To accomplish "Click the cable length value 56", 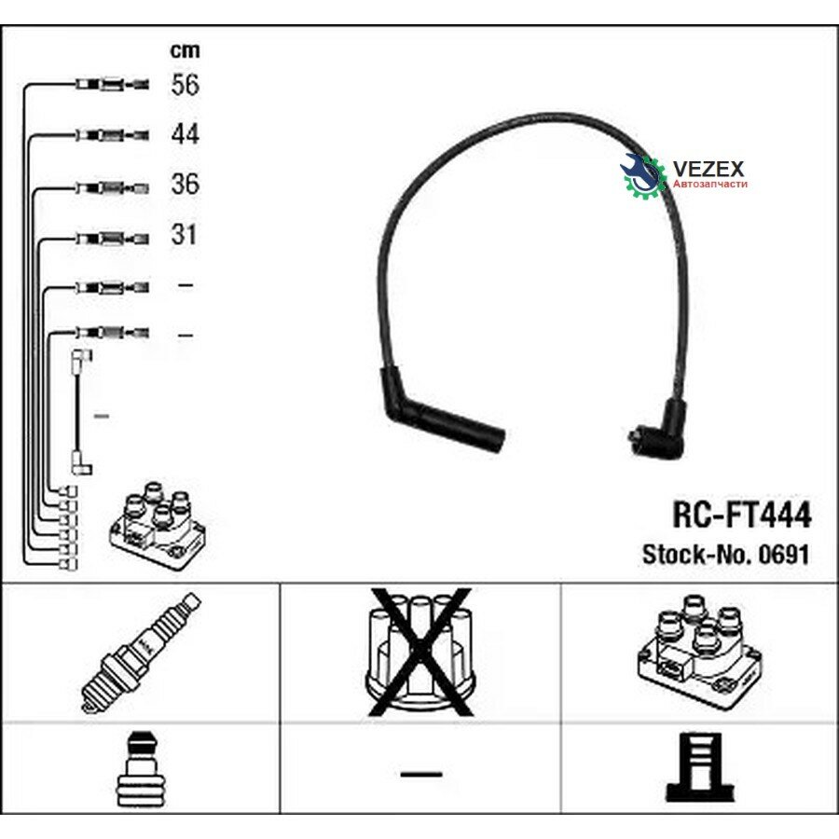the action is tap(186, 85).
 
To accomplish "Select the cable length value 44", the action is tap(186, 133).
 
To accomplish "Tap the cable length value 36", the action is tap(186, 184).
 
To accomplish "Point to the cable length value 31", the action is tap(184, 234).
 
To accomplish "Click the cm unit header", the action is tap(185, 51).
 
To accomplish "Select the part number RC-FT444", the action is tap(742, 515).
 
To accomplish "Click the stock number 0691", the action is tap(783, 555).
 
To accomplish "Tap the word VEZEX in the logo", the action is tap(708, 169).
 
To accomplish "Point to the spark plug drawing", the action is tap(141, 653).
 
